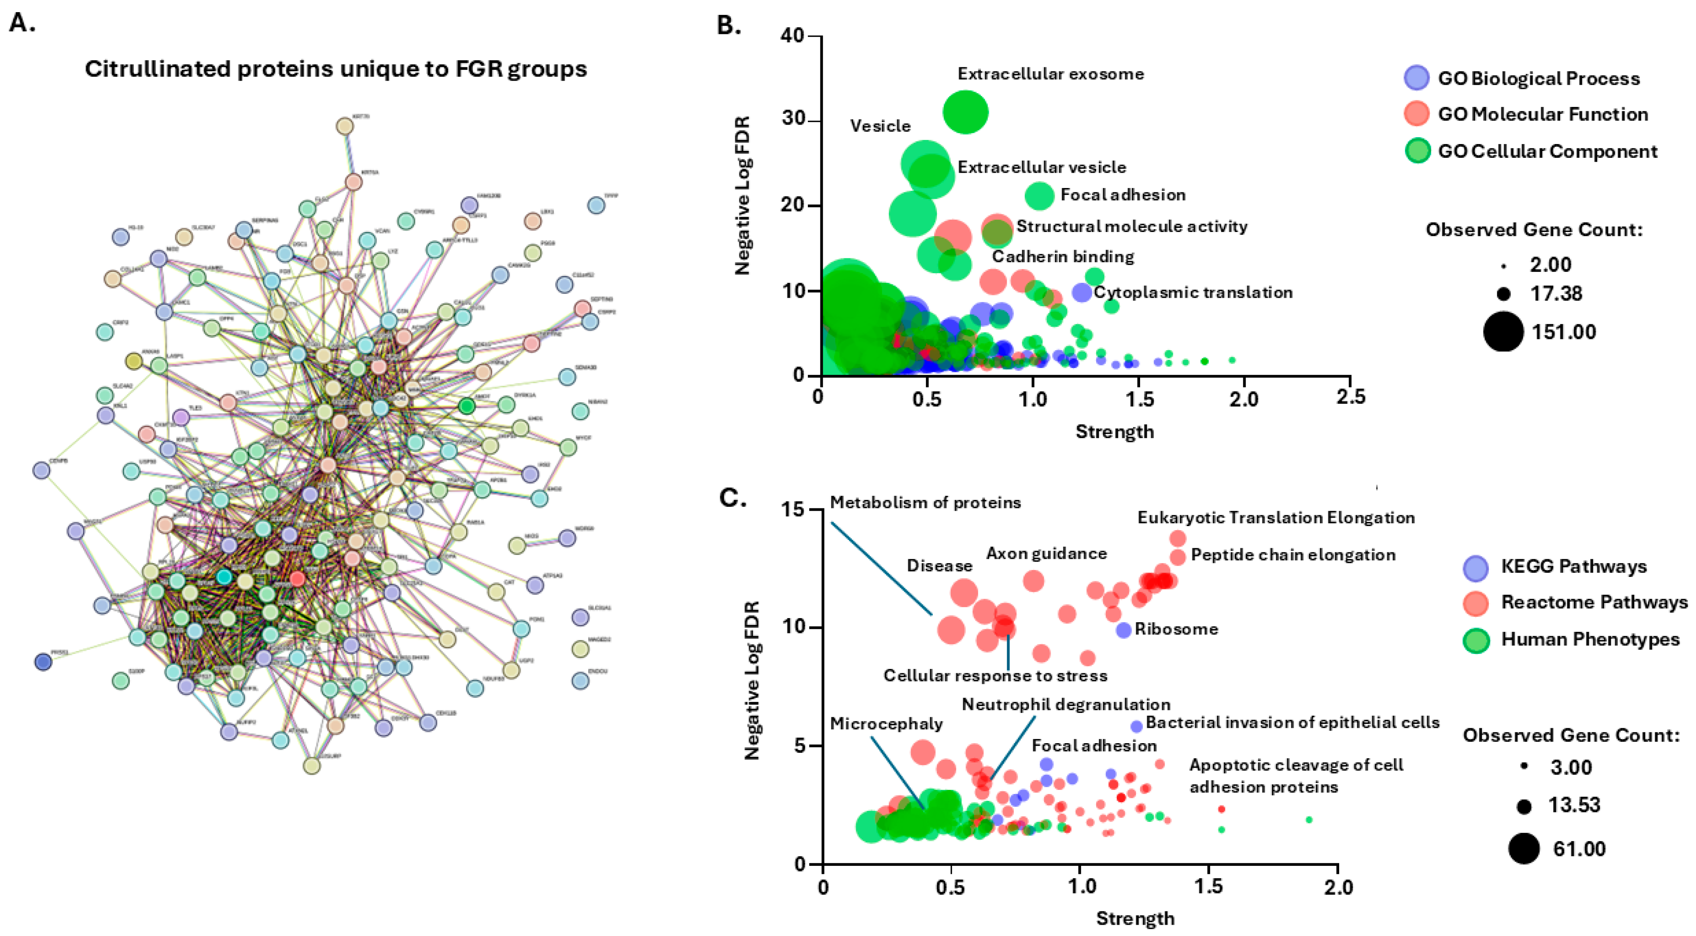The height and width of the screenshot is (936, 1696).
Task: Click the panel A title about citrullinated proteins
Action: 336,69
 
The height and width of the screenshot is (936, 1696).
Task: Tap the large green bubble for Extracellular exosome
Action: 965,112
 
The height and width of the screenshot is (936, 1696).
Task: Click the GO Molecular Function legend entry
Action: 1542,114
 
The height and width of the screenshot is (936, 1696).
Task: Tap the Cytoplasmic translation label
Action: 1193,292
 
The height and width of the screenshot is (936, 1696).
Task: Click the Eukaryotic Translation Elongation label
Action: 1276,518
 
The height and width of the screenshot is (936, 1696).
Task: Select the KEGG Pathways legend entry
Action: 1573,566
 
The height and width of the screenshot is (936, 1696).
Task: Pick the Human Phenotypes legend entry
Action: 1590,639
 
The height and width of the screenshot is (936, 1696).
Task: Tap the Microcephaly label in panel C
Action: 886,724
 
